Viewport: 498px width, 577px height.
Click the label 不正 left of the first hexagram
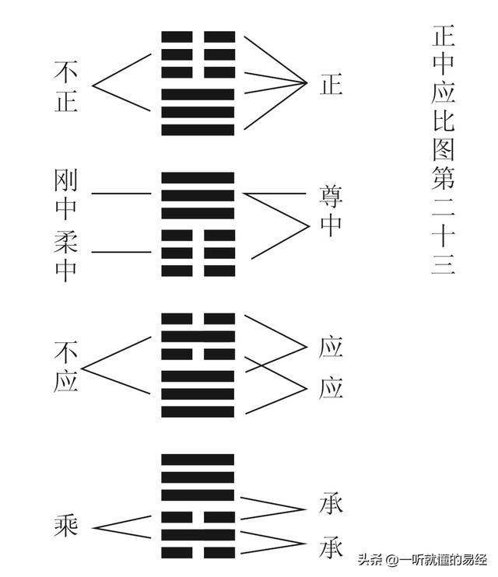pos(66,86)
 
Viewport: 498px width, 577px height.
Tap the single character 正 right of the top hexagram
pos(331,84)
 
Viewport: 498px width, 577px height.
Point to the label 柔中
pos(67,254)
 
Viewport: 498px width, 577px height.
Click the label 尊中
pos(331,211)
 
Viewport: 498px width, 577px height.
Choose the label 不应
pos(66,367)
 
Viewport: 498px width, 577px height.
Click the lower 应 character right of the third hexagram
pos(331,387)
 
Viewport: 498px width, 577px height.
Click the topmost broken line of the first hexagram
pos(198,37)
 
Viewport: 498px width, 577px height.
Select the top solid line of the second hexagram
pos(198,177)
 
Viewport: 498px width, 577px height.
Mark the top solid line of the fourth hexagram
pos(198,459)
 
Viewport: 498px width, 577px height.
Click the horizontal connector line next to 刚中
pos(121,193)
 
